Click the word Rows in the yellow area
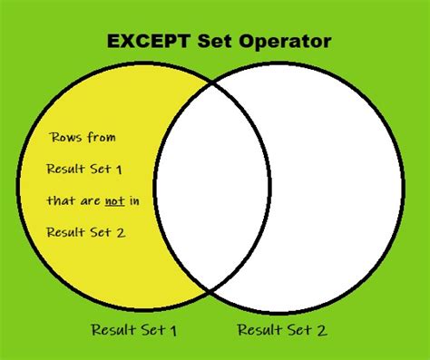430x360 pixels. (x=68, y=138)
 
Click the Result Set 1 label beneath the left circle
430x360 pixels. (x=133, y=330)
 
